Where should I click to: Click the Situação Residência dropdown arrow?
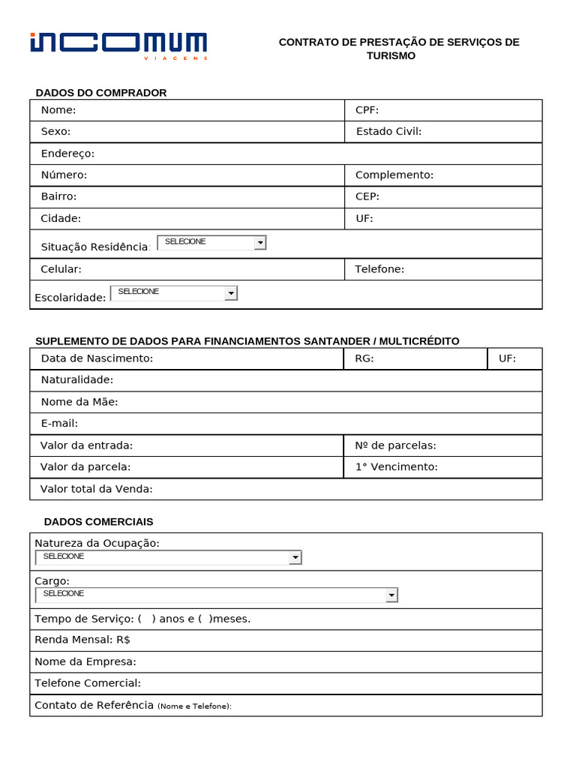coord(259,243)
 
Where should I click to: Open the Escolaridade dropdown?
coord(231,293)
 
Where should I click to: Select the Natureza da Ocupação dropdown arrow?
coord(295,557)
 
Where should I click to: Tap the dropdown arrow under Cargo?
coord(391,595)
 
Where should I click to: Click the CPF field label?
coord(367,110)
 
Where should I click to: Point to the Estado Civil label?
coord(388,132)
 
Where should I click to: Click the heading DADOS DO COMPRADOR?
coord(101,93)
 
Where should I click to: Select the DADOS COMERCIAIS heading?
coord(98,521)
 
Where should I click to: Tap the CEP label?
coord(367,196)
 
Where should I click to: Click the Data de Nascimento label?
coord(97,358)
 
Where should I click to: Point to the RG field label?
coord(364,358)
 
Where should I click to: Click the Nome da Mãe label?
coord(79,402)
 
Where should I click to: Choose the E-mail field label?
coord(59,424)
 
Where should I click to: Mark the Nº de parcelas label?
coord(395,445)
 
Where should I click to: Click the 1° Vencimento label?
coord(396,467)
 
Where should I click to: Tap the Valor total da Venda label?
coord(96,489)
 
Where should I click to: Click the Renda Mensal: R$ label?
coord(82,640)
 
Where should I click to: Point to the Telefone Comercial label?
coord(88,683)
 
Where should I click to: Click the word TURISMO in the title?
coord(391,56)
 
